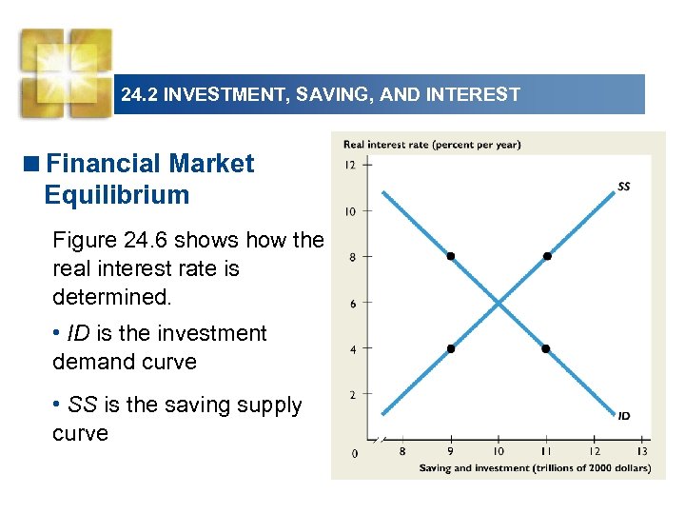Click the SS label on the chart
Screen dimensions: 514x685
[x=624, y=187]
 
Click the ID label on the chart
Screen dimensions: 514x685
[x=624, y=416]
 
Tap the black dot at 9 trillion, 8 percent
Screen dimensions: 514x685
[x=451, y=256]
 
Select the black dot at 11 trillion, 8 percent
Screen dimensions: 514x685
[x=547, y=256]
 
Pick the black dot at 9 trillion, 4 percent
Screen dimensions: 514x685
[x=451, y=348]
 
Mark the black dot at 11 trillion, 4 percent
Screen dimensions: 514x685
[x=547, y=348]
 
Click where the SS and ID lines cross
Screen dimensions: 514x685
[x=499, y=303]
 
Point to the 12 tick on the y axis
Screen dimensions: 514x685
[x=350, y=165]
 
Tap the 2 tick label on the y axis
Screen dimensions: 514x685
[x=352, y=395]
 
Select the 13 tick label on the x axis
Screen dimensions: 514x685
[x=642, y=451]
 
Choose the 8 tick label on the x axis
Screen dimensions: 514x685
[x=402, y=451]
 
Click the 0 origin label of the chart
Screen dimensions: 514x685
[x=354, y=453]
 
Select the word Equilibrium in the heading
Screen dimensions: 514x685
[x=116, y=195]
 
